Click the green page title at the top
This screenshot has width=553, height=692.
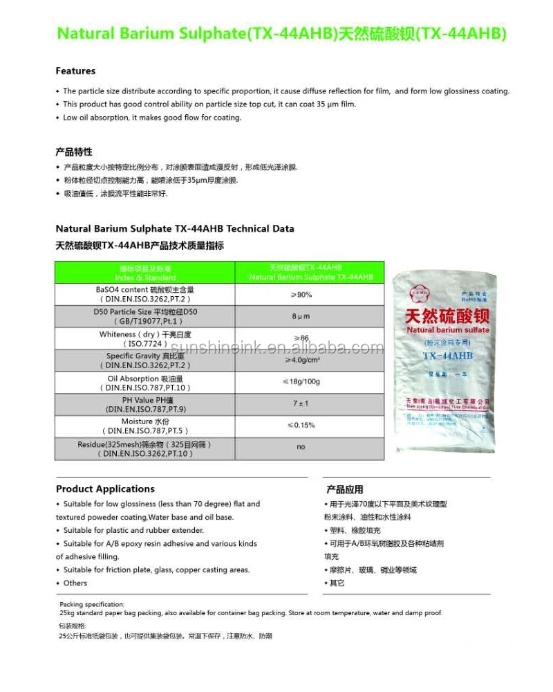click(x=281, y=33)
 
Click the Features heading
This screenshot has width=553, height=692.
click(x=75, y=71)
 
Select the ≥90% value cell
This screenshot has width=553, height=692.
click(x=301, y=295)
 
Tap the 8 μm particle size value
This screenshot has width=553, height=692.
click(x=301, y=316)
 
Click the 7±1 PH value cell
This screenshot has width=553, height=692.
click(x=301, y=403)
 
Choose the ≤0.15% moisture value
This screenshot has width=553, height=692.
click(x=301, y=425)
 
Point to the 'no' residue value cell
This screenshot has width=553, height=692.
click(x=301, y=447)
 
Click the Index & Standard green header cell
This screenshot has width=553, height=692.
click(x=145, y=273)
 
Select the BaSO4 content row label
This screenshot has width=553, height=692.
click(x=145, y=294)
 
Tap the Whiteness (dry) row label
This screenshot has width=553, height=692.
click(x=145, y=338)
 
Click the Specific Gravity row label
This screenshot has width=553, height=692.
click(x=145, y=360)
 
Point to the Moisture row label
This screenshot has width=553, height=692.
click(x=145, y=426)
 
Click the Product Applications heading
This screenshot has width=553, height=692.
click(x=105, y=489)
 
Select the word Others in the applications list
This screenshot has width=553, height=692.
click(x=75, y=583)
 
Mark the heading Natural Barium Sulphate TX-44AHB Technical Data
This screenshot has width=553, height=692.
click(x=175, y=228)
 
